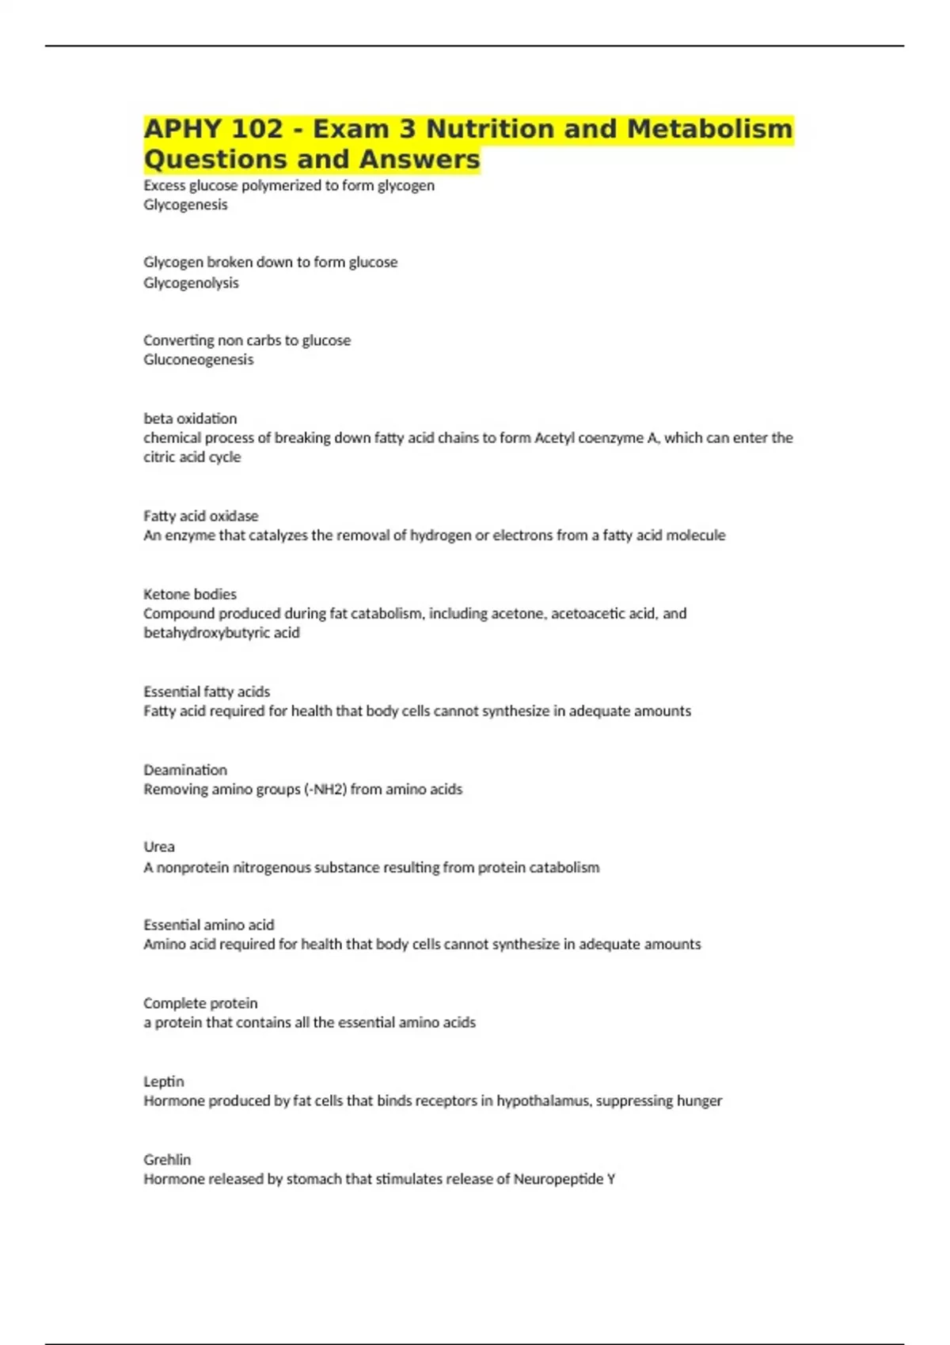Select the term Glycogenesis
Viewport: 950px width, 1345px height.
coord(185,205)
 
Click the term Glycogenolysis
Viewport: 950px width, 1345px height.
coord(191,282)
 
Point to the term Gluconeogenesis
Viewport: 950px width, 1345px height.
coord(199,360)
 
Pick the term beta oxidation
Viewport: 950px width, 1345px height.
coord(190,419)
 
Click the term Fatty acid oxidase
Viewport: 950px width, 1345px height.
coord(201,516)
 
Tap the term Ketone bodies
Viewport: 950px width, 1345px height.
coord(190,594)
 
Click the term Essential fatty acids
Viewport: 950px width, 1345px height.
coord(207,691)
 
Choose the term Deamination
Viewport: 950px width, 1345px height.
coord(185,770)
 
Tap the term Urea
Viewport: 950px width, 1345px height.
coord(159,847)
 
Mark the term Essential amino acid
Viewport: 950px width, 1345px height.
coord(209,925)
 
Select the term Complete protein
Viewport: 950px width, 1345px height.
coord(200,1003)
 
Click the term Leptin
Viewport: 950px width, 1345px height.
coord(164,1082)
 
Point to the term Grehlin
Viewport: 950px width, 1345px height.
coord(167,1160)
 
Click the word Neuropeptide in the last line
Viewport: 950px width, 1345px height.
coord(558,1180)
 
